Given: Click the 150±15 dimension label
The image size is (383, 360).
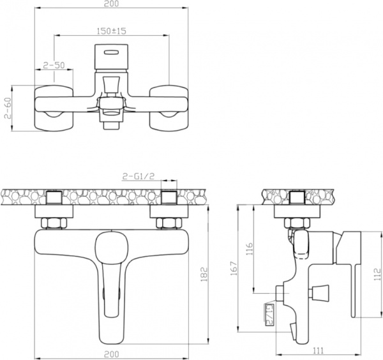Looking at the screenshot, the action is pos(111,31).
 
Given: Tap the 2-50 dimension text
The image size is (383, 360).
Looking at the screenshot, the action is pos(54,65).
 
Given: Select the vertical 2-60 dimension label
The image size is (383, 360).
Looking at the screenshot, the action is pos(8,109).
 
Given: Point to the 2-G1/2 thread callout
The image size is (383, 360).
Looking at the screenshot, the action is pos(139,176).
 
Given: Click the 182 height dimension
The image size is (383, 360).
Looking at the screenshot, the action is pos(204,274).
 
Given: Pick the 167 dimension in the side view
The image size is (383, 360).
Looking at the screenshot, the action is pos(234,269).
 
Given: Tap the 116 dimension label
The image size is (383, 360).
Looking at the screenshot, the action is pos(250,249).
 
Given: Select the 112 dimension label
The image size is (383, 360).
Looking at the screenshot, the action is pos(378,274).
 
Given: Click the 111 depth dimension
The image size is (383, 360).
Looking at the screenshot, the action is pos(318,350).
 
